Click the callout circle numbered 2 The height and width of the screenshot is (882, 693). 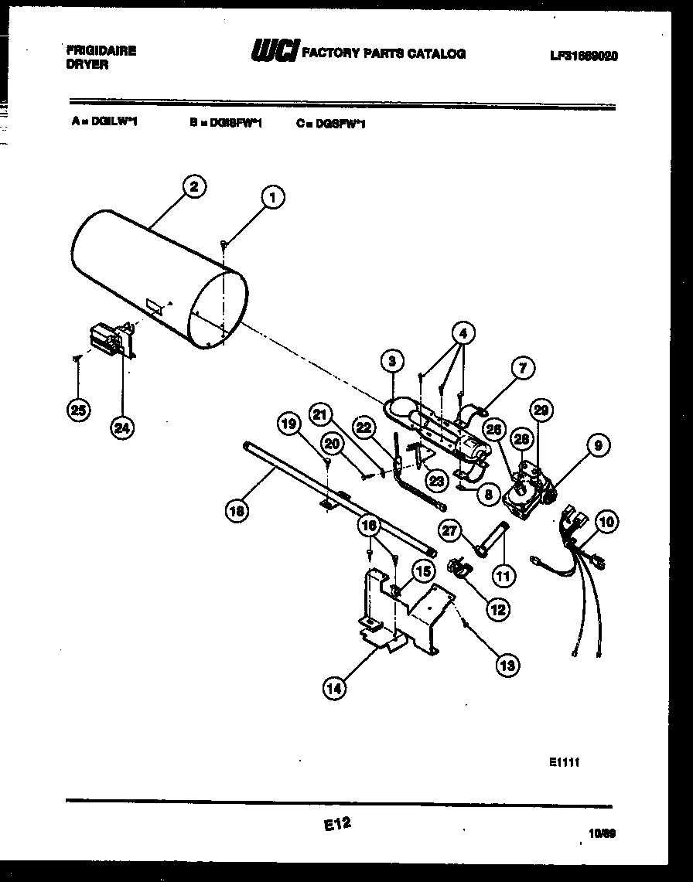[193, 186]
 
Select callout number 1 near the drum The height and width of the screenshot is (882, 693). [271, 199]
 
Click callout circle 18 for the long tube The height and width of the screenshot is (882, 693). [236, 509]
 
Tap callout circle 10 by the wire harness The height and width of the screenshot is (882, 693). [606, 523]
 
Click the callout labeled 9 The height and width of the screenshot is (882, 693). [598, 444]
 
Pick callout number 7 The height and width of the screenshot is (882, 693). [523, 369]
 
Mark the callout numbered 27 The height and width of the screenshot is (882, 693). [450, 530]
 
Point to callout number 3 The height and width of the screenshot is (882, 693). [392, 360]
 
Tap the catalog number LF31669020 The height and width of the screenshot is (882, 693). [584, 56]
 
